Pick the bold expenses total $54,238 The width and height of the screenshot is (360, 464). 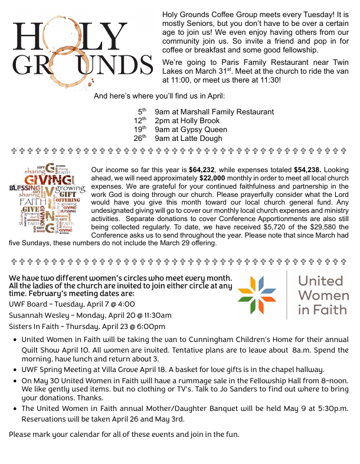click(309, 170)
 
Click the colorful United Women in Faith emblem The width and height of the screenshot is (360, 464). click(257, 295)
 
